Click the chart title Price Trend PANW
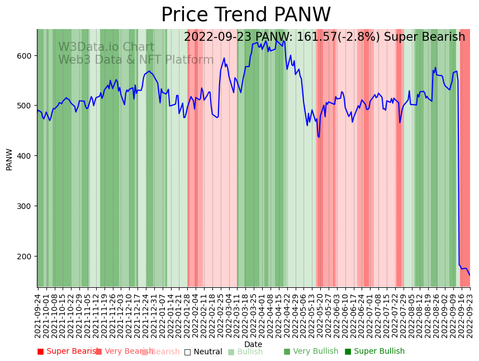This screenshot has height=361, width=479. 246,15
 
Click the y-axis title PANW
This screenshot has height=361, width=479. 10,159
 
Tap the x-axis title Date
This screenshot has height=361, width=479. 253,344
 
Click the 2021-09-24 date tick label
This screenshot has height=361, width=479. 38,316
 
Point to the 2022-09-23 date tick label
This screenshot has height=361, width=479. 469,316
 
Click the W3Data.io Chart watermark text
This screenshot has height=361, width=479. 106,47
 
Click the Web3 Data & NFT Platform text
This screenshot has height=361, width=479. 136,60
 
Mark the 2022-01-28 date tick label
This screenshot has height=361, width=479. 186,316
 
